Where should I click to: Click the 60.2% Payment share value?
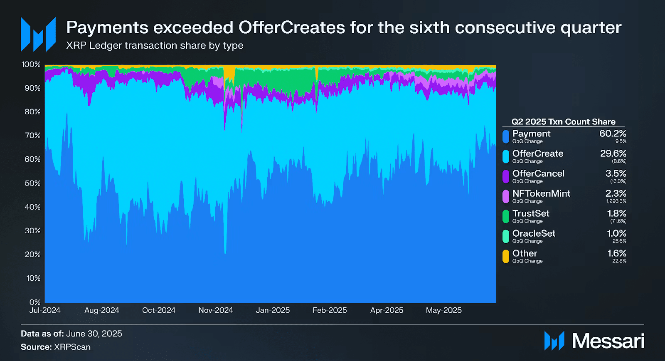[x=613, y=134]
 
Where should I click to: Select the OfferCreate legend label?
[x=537, y=153]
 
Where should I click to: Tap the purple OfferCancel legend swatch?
[x=506, y=176]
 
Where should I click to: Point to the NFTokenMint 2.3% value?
[x=616, y=193]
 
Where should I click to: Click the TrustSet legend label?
[x=531, y=213]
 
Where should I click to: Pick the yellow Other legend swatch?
[x=506, y=256]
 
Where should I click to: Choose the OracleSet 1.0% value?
[x=616, y=233]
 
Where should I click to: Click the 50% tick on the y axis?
[x=32, y=183]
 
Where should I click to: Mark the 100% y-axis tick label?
[x=31, y=64]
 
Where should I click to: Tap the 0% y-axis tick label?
[x=35, y=302]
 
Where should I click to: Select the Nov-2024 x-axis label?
[x=216, y=310]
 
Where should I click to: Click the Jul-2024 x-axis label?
[x=45, y=310]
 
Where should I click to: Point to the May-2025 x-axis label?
[x=443, y=310]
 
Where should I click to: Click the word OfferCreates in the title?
[x=292, y=27]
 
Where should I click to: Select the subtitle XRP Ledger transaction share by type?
[x=155, y=45]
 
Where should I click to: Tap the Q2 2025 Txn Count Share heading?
[x=563, y=121]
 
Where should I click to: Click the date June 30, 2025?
[x=94, y=334]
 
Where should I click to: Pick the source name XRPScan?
[x=72, y=347]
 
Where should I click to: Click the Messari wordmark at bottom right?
[x=608, y=341]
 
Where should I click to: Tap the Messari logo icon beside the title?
[x=38, y=34]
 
